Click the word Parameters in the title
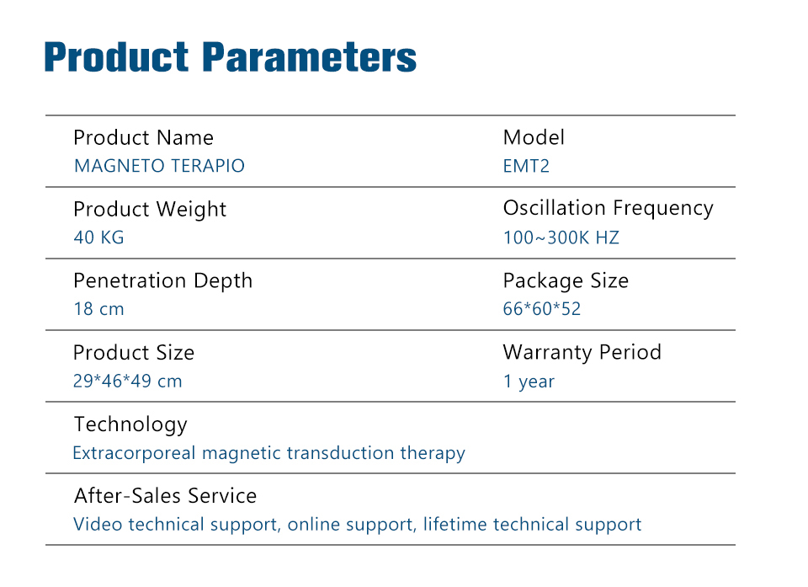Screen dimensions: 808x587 [x=309, y=56]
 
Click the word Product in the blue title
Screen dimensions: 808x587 [x=116, y=56]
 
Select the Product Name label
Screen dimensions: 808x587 [x=143, y=138]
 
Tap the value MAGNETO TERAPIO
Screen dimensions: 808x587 [x=159, y=166]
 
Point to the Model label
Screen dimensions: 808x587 [x=534, y=137]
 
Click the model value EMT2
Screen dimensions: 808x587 [x=526, y=166]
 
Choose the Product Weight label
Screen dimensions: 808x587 [x=150, y=210]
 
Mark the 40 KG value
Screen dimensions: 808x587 [x=99, y=237]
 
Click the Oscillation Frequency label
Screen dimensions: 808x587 [x=608, y=208]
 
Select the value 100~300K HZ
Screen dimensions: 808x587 [x=561, y=237]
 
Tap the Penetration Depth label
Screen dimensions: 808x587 [x=162, y=281]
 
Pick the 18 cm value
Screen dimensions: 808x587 [x=99, y=309]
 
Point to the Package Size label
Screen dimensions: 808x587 [x=566, y=281]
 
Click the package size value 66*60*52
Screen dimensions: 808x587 [x=541, y=309]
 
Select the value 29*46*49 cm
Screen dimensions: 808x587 [x=127, y=381]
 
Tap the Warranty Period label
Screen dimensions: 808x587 [x=582, y=352]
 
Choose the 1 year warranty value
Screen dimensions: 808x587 [x=529, y=382]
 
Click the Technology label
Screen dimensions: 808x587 [x=131, y=424]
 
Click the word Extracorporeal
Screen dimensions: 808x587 [x=134, y=453]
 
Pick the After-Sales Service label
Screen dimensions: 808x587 [x=166, y=496]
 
